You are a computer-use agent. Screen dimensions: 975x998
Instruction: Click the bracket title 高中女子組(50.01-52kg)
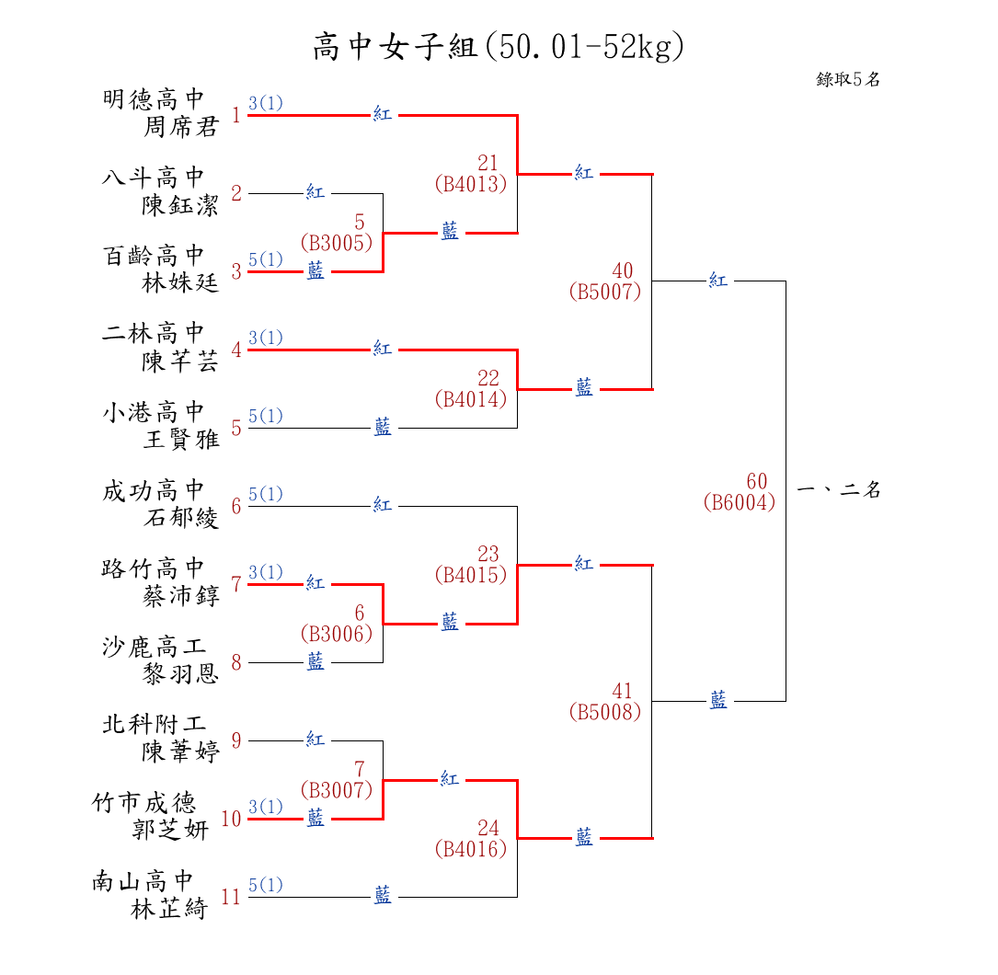(x=499, y=46)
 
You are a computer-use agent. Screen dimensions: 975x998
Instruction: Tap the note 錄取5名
(x=848, y=79)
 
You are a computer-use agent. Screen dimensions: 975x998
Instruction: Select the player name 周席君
(x=181, y=127)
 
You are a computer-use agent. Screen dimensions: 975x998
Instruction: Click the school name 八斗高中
(x=153, y=177)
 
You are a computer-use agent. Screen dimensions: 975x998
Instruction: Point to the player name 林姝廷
(x=181, y=283)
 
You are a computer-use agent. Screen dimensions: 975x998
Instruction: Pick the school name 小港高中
(x=153, y=411)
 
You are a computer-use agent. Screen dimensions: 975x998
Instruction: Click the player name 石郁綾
(x=181, y=518)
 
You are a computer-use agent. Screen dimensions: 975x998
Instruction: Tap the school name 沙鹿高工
(x=153, y=646)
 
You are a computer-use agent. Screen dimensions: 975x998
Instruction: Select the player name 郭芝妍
(x=171, y=831)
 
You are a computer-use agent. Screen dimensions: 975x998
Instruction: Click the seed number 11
(x=230, y=897)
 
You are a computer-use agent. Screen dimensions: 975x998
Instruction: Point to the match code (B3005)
(x=337, y=243)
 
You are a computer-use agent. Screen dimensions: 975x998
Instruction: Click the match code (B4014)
(x=471, y=399)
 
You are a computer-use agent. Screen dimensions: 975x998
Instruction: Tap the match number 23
(x=488, y=554)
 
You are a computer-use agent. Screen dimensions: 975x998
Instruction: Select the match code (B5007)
(x=605, y=292)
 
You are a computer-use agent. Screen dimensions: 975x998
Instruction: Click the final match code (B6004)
(x=740, y=503)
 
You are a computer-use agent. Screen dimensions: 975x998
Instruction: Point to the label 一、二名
(x=839, y=490)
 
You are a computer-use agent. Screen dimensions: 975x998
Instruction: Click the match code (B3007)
(x=337, y=789)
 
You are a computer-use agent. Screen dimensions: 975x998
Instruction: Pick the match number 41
(x=623, y=691)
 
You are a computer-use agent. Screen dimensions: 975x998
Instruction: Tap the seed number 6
(x=236, y=506)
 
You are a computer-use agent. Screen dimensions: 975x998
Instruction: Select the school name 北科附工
(x=153, y=724)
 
